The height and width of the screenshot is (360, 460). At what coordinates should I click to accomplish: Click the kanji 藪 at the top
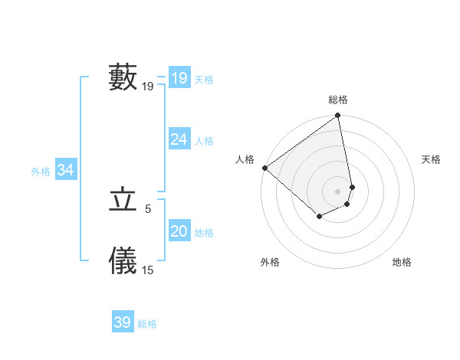(123, 77)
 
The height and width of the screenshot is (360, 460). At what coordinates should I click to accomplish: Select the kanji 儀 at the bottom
(123, 260)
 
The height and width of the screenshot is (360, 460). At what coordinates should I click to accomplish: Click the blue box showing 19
(179, 78)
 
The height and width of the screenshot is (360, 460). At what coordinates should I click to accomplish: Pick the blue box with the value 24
(179, 139)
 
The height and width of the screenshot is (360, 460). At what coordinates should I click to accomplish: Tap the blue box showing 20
(179, 231)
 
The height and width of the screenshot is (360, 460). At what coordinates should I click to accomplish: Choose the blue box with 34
(66, 170)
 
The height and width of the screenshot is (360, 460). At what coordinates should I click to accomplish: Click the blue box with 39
(123, 322)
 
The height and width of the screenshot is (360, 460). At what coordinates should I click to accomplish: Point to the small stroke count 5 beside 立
(148, 208)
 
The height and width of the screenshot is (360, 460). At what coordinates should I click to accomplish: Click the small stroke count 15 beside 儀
(148, 270)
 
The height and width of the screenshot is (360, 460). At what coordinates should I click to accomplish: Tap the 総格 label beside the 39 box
(147, 324)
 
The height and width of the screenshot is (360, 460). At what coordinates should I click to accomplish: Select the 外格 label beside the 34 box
(41, 172)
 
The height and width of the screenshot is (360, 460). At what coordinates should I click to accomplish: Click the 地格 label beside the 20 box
(204, 233)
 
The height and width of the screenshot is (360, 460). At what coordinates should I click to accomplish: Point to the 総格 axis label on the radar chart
(338, 100)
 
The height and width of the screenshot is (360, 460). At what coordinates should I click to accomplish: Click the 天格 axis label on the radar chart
(432, 159)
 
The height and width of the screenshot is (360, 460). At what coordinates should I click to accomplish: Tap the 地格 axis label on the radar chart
(402, 262)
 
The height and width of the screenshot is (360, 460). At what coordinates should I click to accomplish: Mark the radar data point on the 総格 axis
(338, 116)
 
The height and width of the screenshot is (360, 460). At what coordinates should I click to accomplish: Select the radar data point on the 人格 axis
(265, 168)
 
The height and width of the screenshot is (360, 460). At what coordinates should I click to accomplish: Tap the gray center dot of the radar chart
(338, 191)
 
